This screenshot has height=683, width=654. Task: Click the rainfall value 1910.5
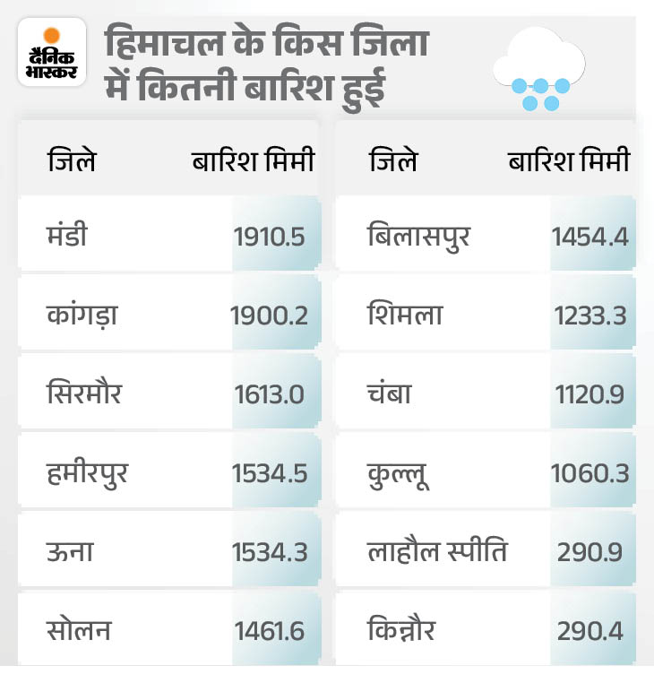pos(270,237)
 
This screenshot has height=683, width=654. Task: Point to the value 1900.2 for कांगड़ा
pos(269,316)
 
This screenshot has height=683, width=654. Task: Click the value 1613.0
pos(270,394)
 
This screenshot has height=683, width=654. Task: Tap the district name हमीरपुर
pos(88,472)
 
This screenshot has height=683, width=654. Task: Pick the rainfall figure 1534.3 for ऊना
pos(270,552)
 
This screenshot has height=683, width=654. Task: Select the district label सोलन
pos(80,630)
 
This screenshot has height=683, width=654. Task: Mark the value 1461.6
pos(270,631)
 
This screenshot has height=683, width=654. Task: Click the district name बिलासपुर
pos(418,237)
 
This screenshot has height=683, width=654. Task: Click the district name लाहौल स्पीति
pos(437,551)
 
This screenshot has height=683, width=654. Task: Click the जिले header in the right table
pos(392,161)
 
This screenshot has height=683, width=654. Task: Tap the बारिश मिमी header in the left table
pos(254,161)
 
